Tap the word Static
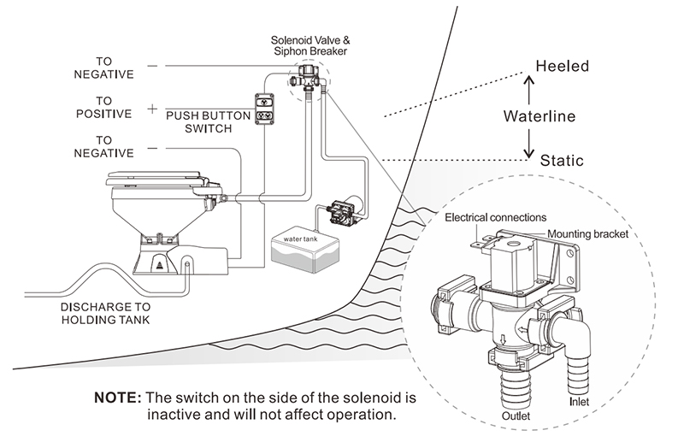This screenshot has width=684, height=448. [562, 160]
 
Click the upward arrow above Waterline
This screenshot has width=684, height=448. [528, 89]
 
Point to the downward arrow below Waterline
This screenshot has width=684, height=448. [528, 141]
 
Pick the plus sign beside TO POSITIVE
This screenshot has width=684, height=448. [151, 109]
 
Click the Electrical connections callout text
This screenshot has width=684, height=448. [495, 217]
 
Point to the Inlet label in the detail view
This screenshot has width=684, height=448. [578, 398]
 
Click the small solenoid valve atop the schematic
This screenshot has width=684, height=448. [307, 78]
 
